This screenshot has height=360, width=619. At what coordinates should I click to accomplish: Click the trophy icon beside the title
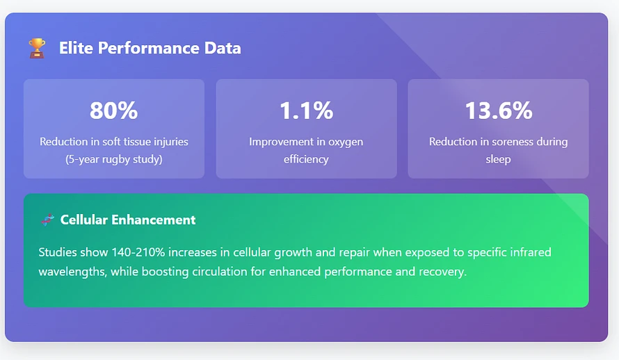(x=37, y=48)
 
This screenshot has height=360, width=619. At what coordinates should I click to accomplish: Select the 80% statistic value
(x=113, y=110)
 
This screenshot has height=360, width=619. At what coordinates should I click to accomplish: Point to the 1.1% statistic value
(x=306, y=110)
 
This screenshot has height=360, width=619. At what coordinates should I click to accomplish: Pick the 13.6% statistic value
(x=499, y=110)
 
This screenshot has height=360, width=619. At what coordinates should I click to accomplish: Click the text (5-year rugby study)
(x=113, y=159)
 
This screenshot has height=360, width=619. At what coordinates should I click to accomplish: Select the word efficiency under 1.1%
(x=306, y=159)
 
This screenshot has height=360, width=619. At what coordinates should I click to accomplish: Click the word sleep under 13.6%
(x=498, y=159)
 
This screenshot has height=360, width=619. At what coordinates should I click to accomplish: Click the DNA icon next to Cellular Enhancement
(x=48, y=220)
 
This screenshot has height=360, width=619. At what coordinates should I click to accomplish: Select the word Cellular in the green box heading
(x=83, y=220)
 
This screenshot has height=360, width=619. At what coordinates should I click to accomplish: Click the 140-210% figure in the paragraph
(x=138, y=252)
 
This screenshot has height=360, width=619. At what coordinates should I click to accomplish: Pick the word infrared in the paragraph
(x=529, y=252)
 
